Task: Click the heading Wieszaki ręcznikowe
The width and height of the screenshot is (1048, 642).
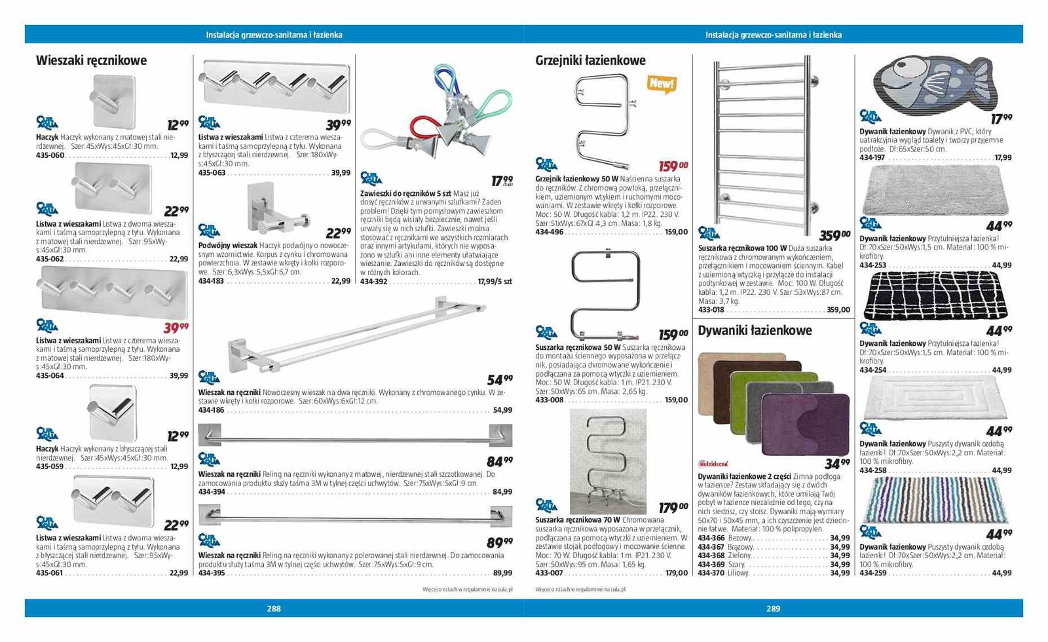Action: pyautogui.click(x=91, y=61)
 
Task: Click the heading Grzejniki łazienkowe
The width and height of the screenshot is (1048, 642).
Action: pyautogui.click(x=590, y=61)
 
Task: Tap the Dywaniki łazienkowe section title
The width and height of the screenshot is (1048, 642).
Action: pyautogui.click(x=755, y=331)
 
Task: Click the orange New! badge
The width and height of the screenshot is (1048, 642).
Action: pyautogui.click(x=661, y=84)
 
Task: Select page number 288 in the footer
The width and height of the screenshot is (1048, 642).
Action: pyautogui.click(x=274, y=609)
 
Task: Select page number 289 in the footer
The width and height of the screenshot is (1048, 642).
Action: pyautogui.click(x=774, y=609)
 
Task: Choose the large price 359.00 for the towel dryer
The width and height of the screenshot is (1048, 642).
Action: pyautogui.click(x=835, y=235)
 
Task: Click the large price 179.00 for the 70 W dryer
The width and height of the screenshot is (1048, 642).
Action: pyautogui.click(x=673, y=508)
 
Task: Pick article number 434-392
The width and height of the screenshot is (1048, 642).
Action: pyautogui.click(x=374, y=282)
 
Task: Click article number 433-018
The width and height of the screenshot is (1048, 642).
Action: pyautogui.click(x=711, y=310)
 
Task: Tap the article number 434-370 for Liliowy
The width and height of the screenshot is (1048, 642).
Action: pyautogui.click(x=711, y=573)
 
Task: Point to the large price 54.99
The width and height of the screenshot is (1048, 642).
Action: pyautogui.click(x=500, y=379)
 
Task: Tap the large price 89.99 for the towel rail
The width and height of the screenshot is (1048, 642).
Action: pyautogui.click(x=500, y=542)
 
